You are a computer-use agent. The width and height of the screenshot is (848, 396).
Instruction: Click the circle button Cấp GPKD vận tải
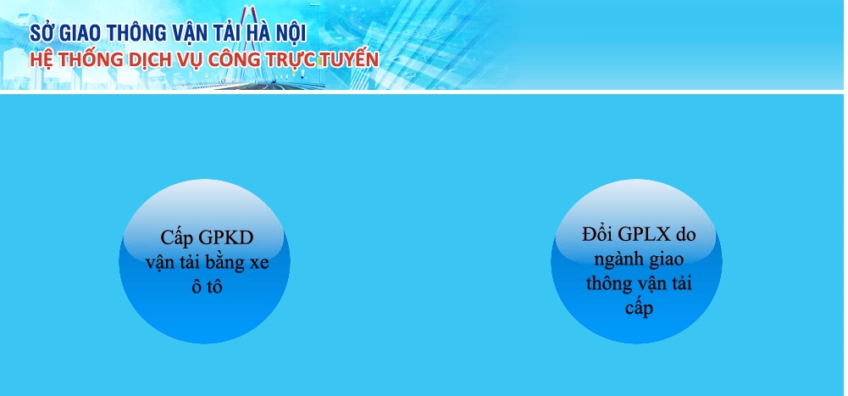(x=204, y=261)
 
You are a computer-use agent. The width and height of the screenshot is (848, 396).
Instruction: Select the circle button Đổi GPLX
(x=636, y=261)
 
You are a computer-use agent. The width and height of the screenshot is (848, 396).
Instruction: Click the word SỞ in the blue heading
(x=42, y=33)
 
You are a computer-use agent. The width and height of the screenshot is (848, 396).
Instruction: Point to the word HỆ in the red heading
(x=40, y=59)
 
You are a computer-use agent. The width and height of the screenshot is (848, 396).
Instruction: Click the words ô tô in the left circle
(x=207, y=287)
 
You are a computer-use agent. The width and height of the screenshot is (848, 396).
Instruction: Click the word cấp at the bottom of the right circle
(x=639, y=308)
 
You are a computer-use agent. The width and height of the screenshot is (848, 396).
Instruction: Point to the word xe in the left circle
(x=258, y=264)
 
